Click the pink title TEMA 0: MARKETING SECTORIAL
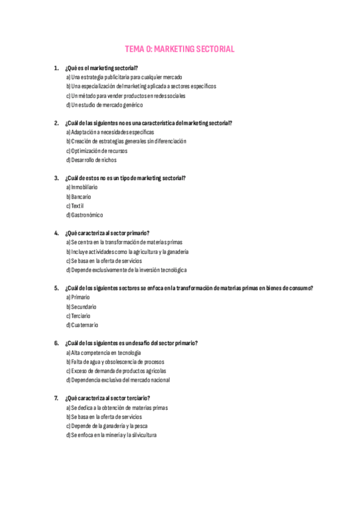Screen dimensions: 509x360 tap(179, 49)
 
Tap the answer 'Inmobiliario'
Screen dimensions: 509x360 tap(82, 187)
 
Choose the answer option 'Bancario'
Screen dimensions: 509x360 tap(79, 196)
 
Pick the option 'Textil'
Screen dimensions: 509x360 tap(75, 206)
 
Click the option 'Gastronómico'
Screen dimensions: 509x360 tap(85, 215)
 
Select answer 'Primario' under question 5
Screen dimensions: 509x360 tap(78, 297)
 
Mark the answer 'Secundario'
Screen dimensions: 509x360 tap(81, 307)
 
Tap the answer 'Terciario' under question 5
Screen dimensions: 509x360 tap(79, 316)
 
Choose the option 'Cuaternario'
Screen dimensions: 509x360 tap(82, 325)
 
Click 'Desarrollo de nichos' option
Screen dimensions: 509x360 tap(91, 160)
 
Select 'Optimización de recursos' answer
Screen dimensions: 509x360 tap(97, 151)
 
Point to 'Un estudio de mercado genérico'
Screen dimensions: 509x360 tap(104, 105)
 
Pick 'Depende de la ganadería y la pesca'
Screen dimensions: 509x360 tap(107, 426)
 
